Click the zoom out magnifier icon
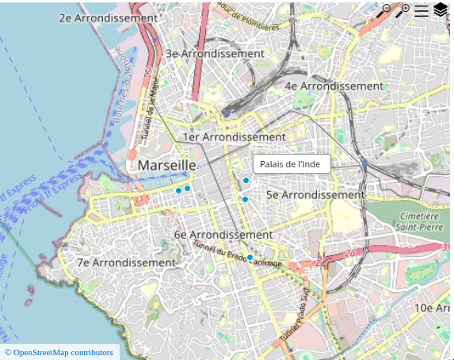pyautogui.click(x=383, y=10)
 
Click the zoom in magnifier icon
pyautogui.click(x=403, y=10)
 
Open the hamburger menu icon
pyautogui.click(x=422, y=10)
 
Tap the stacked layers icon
pyautogui.click(x=441, y=10)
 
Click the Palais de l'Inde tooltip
pyautogui.click(x=290, y=164)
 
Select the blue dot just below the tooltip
pyautogui.click(x=246, y=182)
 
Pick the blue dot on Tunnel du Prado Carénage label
pyautogui.click(x=250, y=257)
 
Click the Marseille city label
pyautogui.click(x=166, y=165)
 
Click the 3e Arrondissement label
pyautogui.click(x=215, y=54)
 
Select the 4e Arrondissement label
pyautogui.click(x=334, y=86)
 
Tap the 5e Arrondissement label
pyautogui.click(x=315, y=194)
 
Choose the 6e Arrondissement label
pyautogui.click(x=223, y=235)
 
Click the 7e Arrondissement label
pyautogui.click(x=126, y=262)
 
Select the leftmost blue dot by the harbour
pyautogui.click(x=178, y=190)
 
